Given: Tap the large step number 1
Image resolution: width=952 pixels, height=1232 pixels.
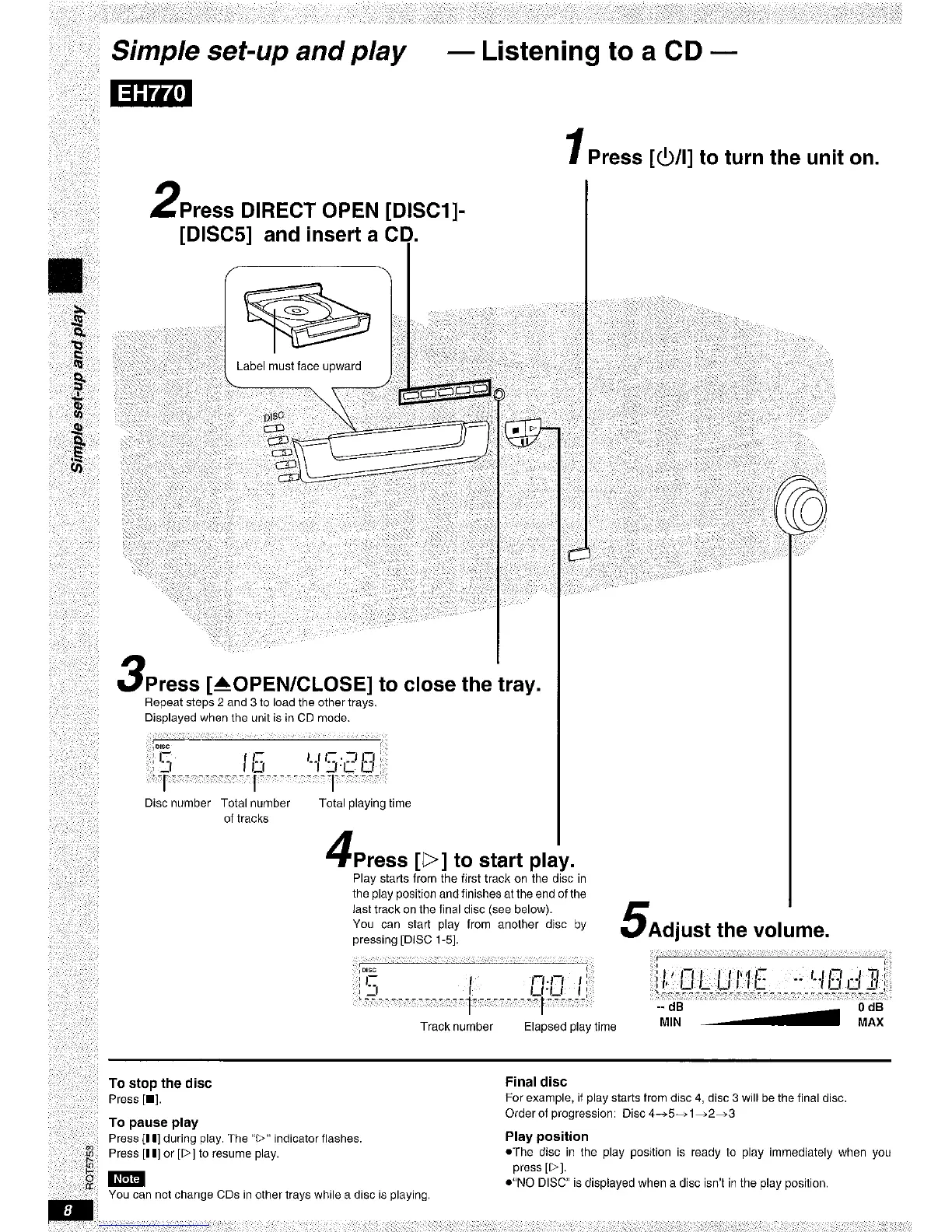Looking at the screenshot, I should (576, 148).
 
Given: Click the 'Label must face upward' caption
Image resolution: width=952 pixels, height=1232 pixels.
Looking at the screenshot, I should (299, 366).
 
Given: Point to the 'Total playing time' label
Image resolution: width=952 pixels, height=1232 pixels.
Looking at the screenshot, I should (365, 803).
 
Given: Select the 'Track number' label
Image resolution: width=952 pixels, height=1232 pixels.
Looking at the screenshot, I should (457, 1027).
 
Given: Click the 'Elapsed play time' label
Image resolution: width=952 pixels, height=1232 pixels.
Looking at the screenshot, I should (570, 1027).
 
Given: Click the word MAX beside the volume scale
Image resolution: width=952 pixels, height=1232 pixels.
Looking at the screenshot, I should (870, 1022).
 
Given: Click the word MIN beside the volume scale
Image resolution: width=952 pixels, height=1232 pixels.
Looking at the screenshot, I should (670, 1022).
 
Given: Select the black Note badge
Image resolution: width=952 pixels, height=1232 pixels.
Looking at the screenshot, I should (127, 1178).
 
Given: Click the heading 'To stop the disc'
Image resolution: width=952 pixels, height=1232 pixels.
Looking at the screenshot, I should (160, 1083).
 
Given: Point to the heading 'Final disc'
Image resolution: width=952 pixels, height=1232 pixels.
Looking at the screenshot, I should (536, 1082).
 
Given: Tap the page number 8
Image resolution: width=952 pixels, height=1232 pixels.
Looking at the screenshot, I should (68, 1212).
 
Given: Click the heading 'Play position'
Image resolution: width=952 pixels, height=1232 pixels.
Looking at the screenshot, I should (547, 1136).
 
